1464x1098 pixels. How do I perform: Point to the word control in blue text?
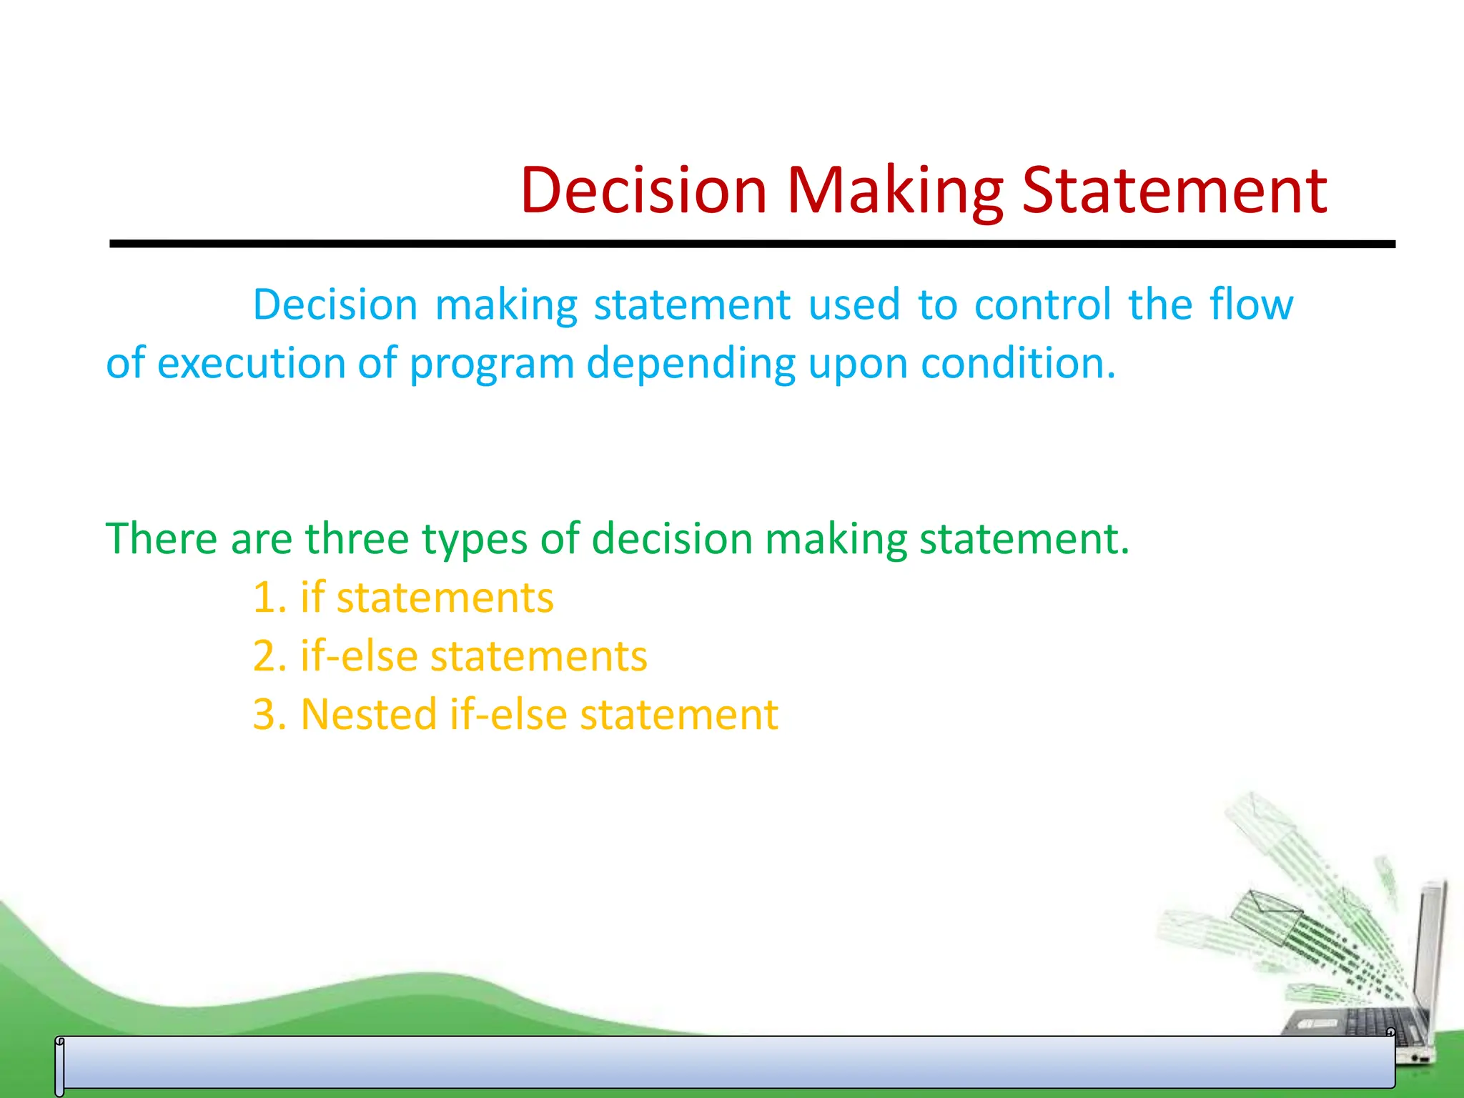(x=1042, y=305)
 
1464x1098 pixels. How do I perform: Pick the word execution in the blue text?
(x=252, y=363)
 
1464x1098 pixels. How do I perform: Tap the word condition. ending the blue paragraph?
(x=1018, y=363)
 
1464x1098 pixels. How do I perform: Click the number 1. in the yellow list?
(x=269, y=598)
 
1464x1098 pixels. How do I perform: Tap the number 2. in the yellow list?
(x=269, y=656)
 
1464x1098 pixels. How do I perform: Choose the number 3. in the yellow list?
(x=269, y=715)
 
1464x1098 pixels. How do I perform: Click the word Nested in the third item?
(x=368, y=715)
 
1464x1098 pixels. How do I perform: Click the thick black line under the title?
(x=751, y=244)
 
